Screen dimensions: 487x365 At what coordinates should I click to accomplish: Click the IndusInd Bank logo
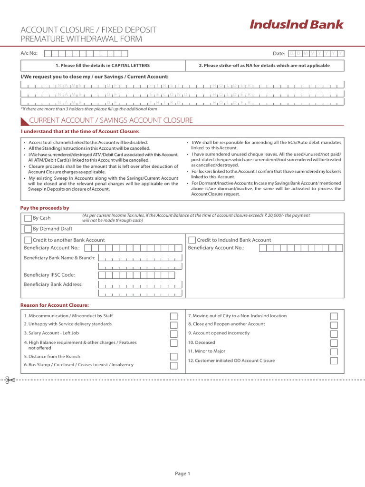coord(296,25)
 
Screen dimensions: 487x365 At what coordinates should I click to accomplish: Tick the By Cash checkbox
coord(28,218)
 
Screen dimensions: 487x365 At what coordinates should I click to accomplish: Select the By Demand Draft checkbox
coord(28,229)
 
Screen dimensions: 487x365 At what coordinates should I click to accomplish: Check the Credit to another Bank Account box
coord(28,240)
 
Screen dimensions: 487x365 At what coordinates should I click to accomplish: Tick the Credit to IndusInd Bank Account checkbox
coord(192,240)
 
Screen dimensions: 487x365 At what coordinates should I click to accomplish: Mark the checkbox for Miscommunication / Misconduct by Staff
coord(173,316)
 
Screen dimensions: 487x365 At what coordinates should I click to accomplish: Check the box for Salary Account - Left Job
coord(173,334)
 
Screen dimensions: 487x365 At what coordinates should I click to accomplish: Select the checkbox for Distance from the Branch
coord(173,357)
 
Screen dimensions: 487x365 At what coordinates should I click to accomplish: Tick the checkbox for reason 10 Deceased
coord(334,343)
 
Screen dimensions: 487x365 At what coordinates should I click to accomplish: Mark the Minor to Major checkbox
coord(334,351)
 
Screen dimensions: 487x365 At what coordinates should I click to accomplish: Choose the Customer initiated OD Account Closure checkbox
coord(334,360)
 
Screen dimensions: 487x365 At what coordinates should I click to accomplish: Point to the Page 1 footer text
coord(182,473)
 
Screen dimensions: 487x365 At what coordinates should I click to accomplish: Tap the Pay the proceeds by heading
coord(44,208)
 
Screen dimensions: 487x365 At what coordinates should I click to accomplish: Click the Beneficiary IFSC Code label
coord(49,275)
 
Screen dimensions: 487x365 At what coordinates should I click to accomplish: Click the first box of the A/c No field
coord(48,53)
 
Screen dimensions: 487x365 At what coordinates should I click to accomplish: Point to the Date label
coord(279,54)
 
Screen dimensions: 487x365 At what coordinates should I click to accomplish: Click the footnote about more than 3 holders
coord(88,109)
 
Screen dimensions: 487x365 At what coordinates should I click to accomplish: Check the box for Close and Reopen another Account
coord(334,325)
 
